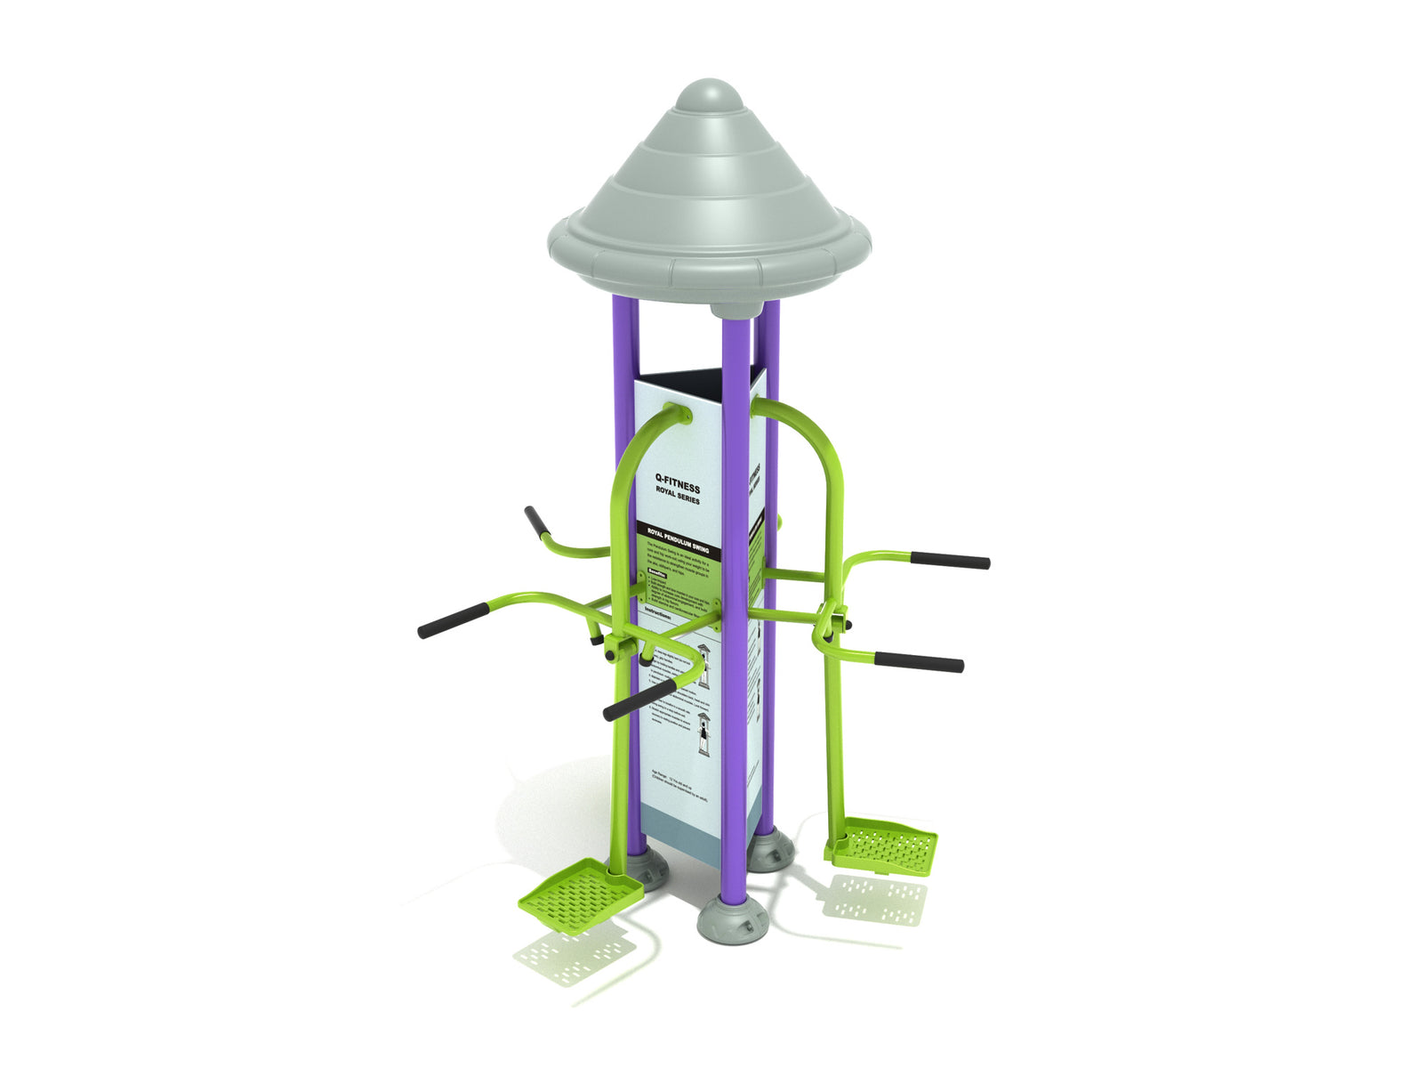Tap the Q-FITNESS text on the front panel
(x=678, y=483)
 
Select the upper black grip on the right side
(x=950, y=561)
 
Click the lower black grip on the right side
(x=919, y=662)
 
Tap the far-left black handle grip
(x=454, y=620)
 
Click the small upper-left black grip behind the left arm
(x=536, y=522)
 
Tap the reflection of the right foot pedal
(x=873, y=899)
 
